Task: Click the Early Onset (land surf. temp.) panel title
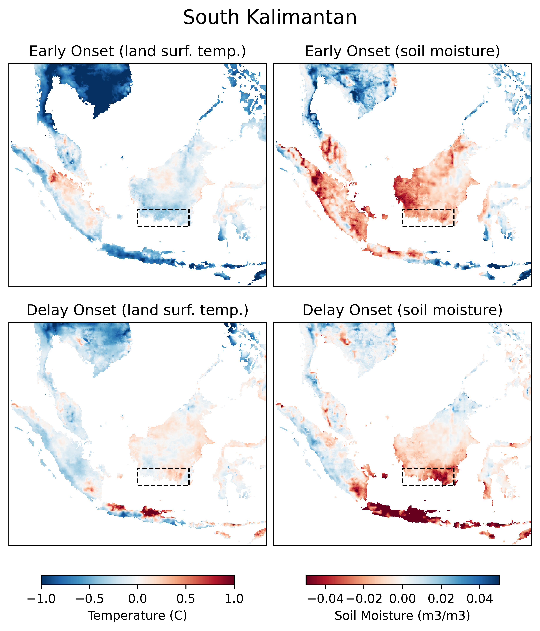pos(137,51)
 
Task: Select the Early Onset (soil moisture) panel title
pos(402,51)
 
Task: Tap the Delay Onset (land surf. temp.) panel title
pos(137,310)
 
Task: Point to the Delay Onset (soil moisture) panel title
pos(402,310)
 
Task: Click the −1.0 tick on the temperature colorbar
pos(41,599)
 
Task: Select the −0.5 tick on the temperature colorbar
pos(89,599)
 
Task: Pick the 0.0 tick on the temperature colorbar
pos(137,599)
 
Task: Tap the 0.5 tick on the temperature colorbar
pos(186,599)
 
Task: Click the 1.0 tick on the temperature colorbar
pos(234,599)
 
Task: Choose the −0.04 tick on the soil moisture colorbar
pos(325,599)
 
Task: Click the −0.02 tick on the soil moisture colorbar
pos(364,599)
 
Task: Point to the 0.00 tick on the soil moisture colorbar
pos(402,599)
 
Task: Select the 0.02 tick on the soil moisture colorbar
pos(441,599)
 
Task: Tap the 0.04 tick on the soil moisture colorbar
pos(480,599)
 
